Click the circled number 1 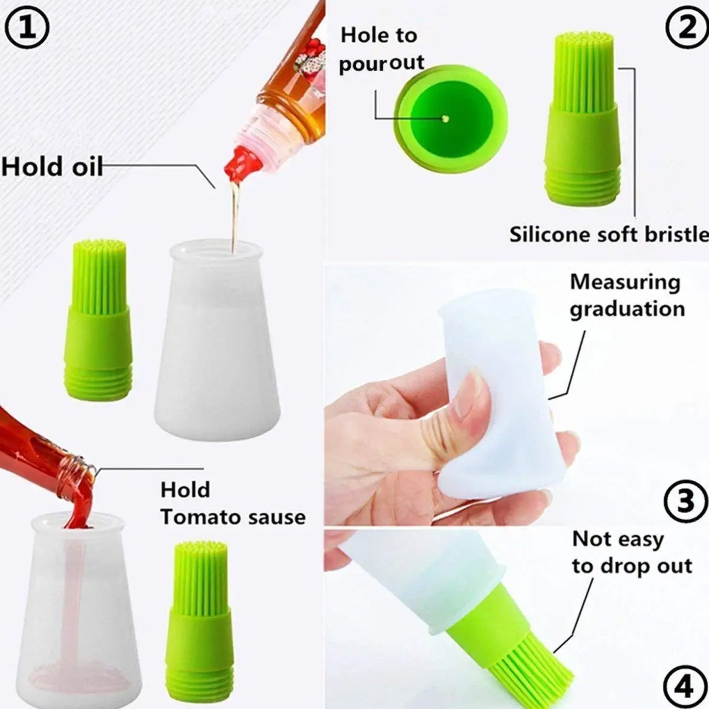[28, 27]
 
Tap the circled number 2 [687, 28]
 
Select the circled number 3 [685, 500]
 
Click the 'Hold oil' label [52, 166]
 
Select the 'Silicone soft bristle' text [608, 235]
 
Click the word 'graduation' [627, 309]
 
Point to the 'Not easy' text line [618, 539]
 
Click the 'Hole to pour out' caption [381, 49]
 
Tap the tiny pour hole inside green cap [445, 118]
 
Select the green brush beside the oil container [97, 318]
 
